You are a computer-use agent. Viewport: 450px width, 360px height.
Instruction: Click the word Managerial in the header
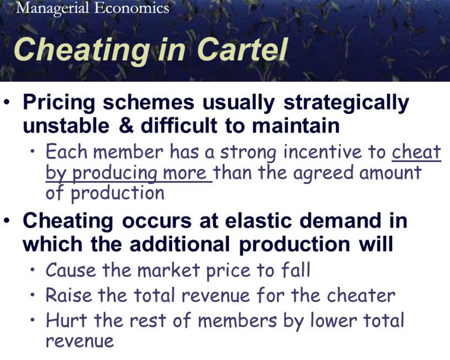click(x=52, y=8)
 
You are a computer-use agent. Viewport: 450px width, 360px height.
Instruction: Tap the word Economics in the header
click(x=131, y=7)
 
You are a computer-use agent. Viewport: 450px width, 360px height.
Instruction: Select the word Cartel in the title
click(x=242, y=49)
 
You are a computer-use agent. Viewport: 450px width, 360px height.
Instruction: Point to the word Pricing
click(x=59, y=103)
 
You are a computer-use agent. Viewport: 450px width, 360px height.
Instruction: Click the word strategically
click(x=346, y=103)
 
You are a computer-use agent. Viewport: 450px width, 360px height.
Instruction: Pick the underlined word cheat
click(x=416, y=151)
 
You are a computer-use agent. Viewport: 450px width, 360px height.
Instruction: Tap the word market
click(x=168, y=270)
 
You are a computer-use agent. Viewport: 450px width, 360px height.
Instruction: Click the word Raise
click(x=69, y=295)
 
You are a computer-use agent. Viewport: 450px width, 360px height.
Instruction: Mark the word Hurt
click(x=66, y=320)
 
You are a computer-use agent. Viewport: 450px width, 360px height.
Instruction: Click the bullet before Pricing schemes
click(x=8, y=103)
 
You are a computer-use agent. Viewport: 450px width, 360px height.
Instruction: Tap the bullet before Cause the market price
click(x=34, y=270)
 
